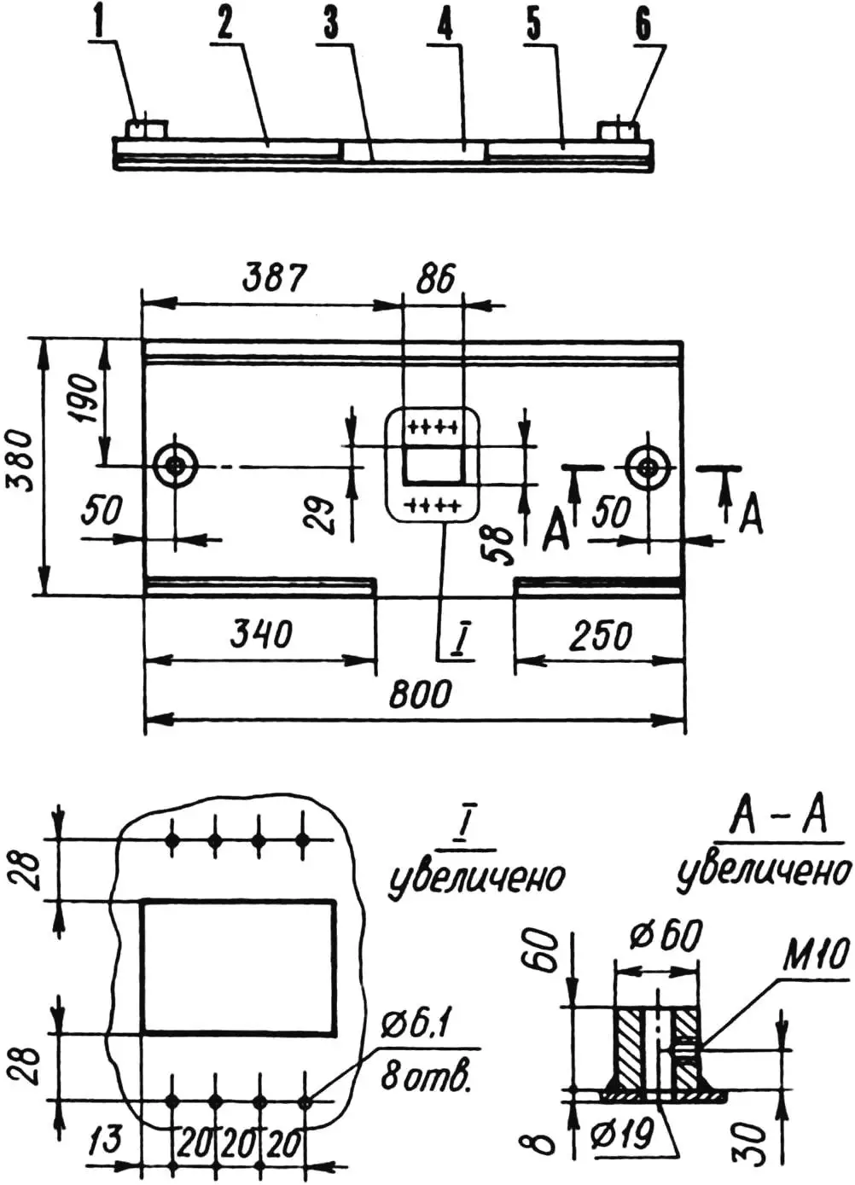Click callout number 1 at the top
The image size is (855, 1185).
click(100, 25)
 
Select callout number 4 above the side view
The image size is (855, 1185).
click(445, 26)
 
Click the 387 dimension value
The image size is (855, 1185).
click(274, 277)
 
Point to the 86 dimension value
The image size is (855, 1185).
click(435, 278)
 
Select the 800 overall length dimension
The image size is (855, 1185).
click(419, 694)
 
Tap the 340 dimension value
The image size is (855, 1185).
click(261, 634)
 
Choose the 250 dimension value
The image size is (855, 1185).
click(601, 636)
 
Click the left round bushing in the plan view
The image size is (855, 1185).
click(176, 466)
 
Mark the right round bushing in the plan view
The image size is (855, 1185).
click(647, 467)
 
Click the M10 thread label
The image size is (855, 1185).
click(817, 956)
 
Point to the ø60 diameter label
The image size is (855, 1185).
click(666, 936)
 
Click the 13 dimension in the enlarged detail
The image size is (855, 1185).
click(105, 1141)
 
